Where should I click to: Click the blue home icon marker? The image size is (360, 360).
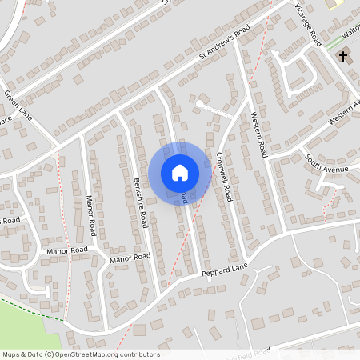point(180,172)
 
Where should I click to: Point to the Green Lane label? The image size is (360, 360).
point(17,104)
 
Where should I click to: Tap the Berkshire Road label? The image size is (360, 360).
point(141,202)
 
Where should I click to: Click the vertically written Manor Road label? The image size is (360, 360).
point(92,214)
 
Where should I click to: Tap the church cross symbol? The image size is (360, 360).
point(344,57)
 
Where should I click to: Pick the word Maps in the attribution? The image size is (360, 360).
point(11,354)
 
